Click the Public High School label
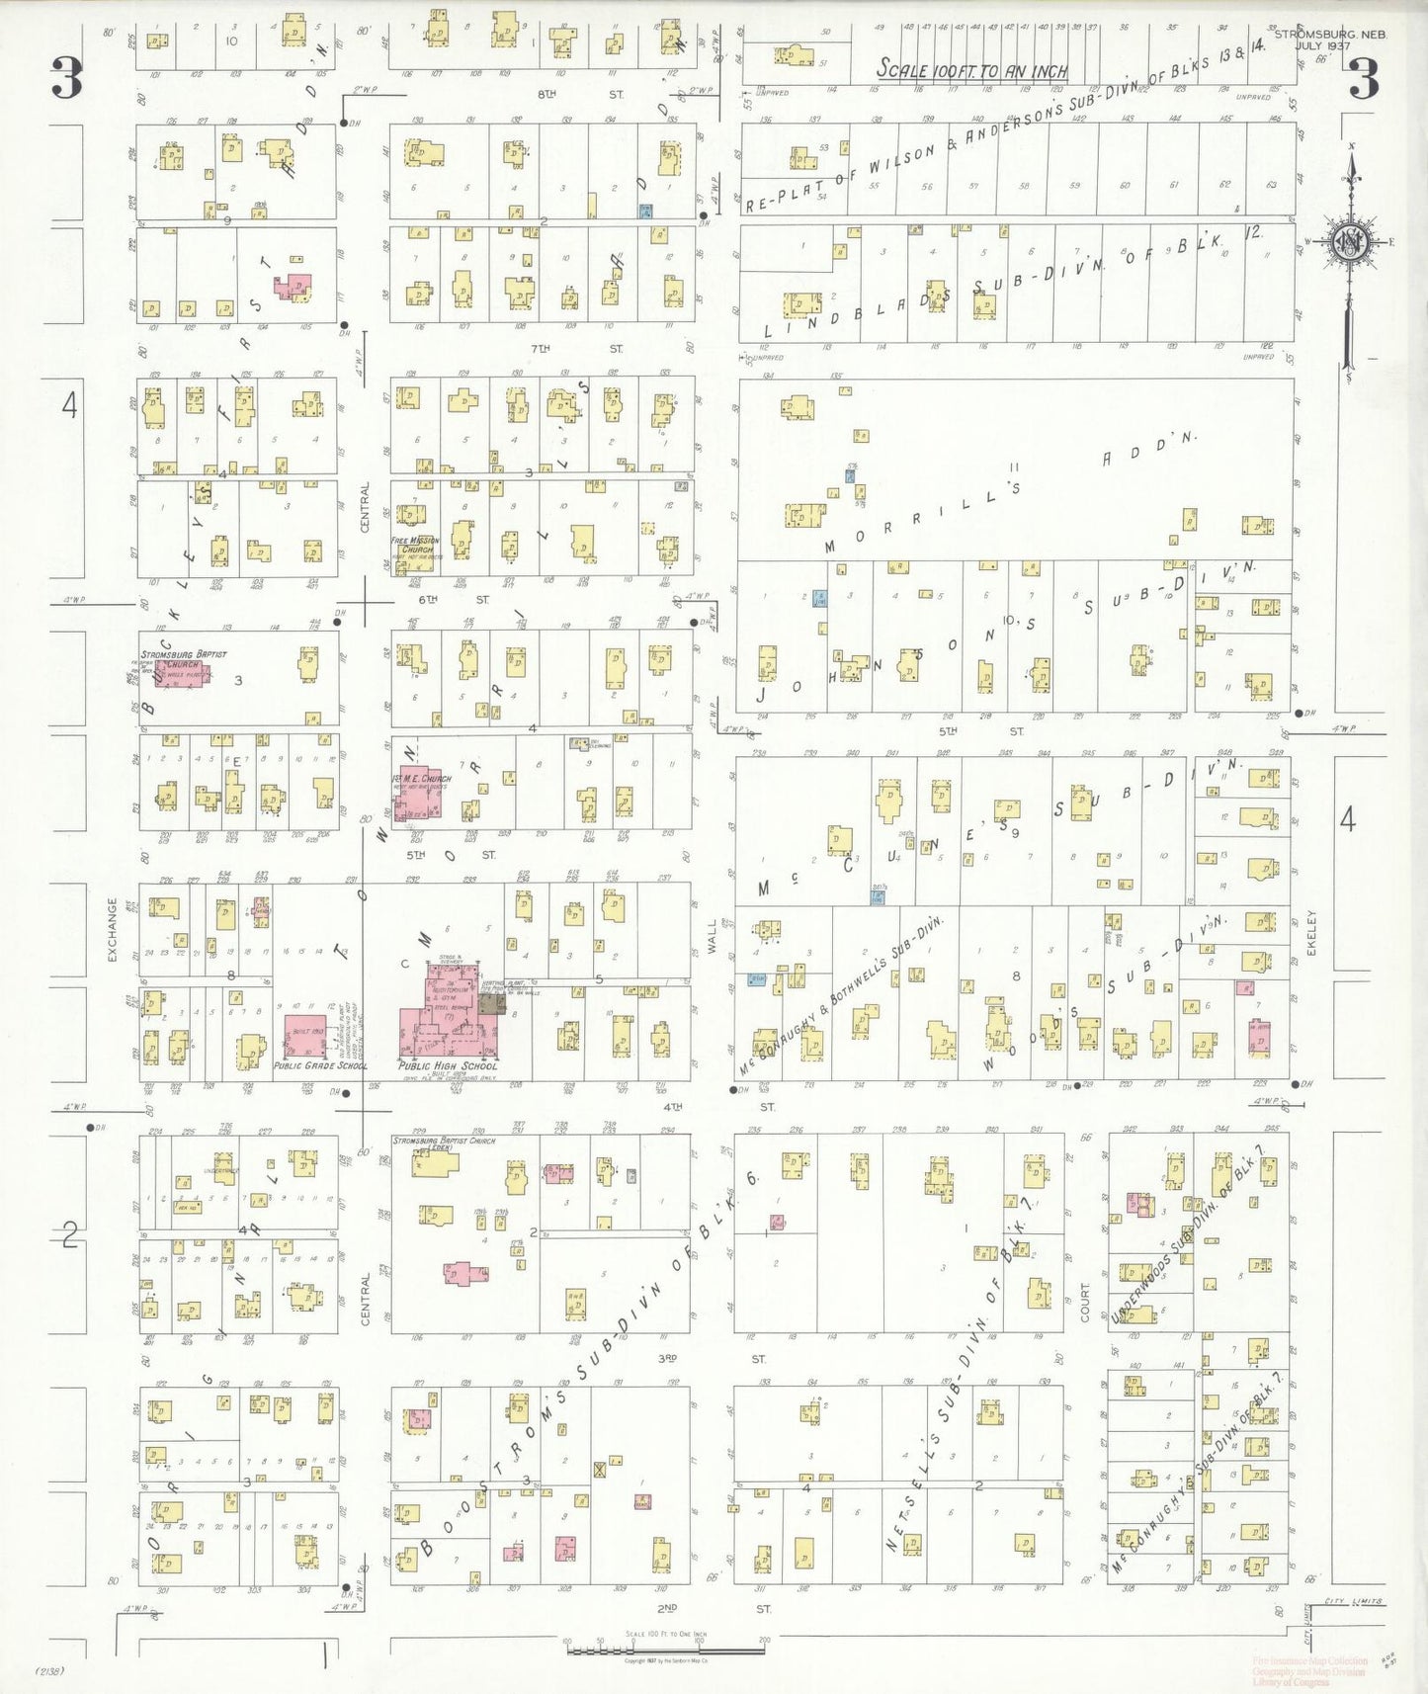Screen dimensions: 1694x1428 (447, 1066)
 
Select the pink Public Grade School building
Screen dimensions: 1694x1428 (304, 1035)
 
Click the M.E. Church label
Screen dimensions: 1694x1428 (426, 779)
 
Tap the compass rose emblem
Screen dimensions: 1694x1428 (1348, 241)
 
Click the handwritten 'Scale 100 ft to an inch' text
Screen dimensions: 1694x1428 (972, 69)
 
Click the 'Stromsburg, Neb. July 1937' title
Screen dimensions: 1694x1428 (1330, 40)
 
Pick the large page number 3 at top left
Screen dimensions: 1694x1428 (66, 78)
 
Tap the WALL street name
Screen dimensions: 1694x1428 (712, 936)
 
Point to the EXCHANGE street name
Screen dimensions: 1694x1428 (112, 929)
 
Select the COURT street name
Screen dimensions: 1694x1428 (1084, 1302)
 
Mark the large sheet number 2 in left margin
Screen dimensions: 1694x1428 (69, 1234)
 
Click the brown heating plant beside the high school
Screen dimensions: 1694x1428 (492, 1004)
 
